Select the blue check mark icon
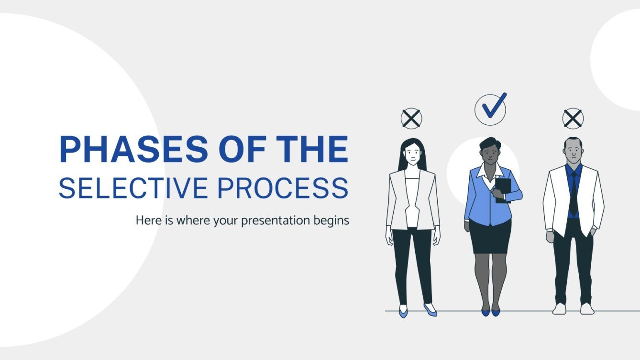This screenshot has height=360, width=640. coord(492,108)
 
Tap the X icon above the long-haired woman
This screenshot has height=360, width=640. coord(411,119)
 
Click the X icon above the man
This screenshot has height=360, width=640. coord(573,119)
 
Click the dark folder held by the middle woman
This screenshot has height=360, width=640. coord(503,190)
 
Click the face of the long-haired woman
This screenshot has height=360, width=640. coord(412,153)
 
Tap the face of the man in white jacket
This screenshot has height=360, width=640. coord(573,152)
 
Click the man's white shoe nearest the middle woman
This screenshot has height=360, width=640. coord(559,309)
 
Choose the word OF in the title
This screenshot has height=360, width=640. coord(232,150)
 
